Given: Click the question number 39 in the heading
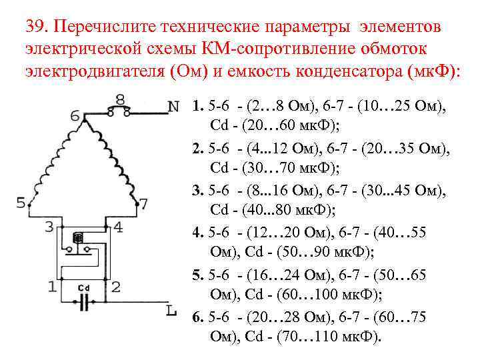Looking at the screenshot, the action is pos(35,28).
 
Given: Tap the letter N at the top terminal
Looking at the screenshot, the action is pos(173,106).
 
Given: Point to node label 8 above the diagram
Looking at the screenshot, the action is pos(120,99).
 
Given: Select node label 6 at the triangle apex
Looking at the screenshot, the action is pos(75,117).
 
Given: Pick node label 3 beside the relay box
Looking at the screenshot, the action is pos(49,227).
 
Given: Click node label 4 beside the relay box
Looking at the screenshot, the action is pos(118,227).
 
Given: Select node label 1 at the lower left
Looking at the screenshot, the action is pos(51,287).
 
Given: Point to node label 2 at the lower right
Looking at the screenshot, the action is pos(115,287).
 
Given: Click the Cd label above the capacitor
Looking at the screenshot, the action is pos(83,288).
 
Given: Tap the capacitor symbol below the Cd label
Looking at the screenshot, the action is pos(84,303).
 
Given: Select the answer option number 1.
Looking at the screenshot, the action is pos(196,106).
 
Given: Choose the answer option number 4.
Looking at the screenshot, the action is pos(196,233).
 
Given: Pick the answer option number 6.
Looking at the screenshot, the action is pos(196,317).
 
